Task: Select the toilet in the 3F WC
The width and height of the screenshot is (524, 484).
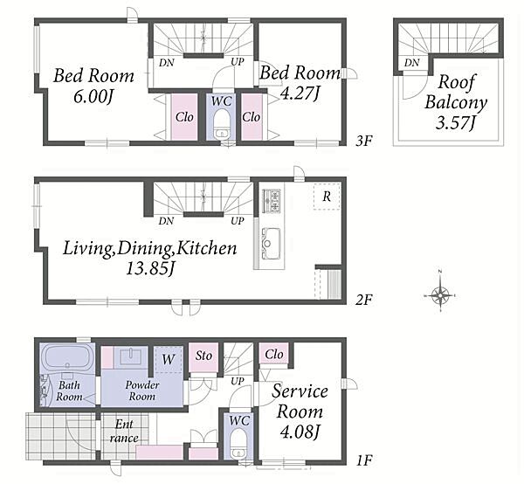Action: [x=221, y=124]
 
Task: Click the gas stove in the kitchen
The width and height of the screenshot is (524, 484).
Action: [x=271, y=201]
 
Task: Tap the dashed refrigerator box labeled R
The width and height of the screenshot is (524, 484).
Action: [x=327, y=197]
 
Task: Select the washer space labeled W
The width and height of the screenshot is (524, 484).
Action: [x=169, y=359]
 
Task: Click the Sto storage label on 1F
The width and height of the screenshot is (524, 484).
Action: [x=203, y=356]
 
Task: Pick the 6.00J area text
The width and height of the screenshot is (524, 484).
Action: [x=93, y=97]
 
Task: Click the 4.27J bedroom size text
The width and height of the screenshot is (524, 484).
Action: [x=300, y=93]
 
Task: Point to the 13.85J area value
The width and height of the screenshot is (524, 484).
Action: [x=150, y=268]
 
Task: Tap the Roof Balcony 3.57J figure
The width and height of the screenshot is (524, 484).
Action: [x=456, y=122]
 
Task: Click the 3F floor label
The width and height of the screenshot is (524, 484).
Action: [x=363, y=141]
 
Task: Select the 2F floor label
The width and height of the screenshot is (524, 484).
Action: [x=363, y=300]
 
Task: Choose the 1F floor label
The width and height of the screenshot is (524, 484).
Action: [x=364, y=461]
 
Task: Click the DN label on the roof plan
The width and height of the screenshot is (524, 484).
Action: [x=411, y=63]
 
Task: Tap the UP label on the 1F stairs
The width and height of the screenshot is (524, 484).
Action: [x=238, y=381]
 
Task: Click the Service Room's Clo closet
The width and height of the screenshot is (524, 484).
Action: [x=274, y=354]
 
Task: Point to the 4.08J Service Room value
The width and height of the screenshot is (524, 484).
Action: [x=300, y=432]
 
